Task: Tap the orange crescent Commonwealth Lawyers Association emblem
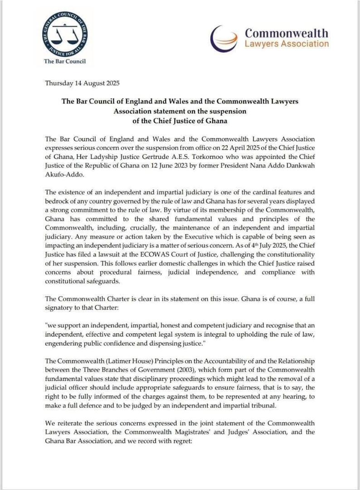pyautogui.click(x=225, y=38)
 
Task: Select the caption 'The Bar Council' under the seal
pyautogui.click(x=65, y=61)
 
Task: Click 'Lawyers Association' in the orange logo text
pyautogui.click(x=287, y=44)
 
